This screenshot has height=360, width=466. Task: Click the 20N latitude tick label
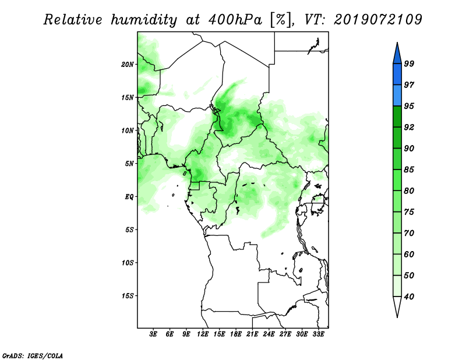point(128,65)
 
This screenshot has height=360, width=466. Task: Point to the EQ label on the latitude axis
point(129,197)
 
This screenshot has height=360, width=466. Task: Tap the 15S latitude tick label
point(128,296)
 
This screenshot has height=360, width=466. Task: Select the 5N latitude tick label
point(129,164)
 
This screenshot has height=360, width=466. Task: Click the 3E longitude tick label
point(153,334)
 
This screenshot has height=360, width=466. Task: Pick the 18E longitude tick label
point(236,334)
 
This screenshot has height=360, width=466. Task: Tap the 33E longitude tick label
point(318,334)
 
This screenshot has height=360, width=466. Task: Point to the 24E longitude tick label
point(269,334)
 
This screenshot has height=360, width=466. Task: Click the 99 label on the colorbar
point(409,63)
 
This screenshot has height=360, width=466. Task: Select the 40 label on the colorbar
point(409,297)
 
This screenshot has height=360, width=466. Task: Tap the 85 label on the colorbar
point(409,170)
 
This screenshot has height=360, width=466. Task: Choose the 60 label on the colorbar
point(409,254)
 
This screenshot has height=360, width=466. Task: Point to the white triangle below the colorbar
point(397,306)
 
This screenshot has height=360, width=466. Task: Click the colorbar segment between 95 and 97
point(397,96)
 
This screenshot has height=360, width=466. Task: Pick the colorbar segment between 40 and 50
point(397,286)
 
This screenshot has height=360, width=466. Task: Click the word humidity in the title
point(144,20)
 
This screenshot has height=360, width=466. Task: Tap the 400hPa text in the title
point(235,20)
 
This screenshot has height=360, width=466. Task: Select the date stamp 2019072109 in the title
point(377,20)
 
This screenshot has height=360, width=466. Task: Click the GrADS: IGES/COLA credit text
point(33,355)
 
